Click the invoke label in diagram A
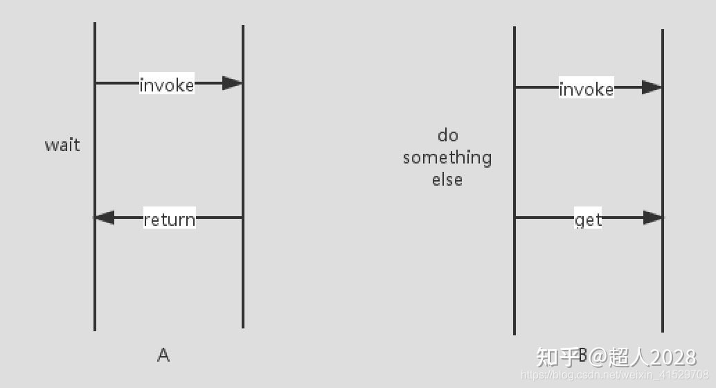pos(167,85)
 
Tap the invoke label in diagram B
pos(587,89)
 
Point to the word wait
pos(62,145)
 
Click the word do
pos(447,135)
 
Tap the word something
pos(447,158)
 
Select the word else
pos(447,179)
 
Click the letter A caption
pos(163,355)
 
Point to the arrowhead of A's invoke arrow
pos(232,83)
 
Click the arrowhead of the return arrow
pos(105,218)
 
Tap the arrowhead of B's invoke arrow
pos(652,87)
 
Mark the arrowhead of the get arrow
pos(652,218)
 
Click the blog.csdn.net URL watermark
pos(615,376)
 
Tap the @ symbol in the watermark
pos(598,357)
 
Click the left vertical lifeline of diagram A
pos(95,177)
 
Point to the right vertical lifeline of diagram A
pos(243,177)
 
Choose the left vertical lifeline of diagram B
pos(514,181)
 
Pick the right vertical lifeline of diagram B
pos(663,181)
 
